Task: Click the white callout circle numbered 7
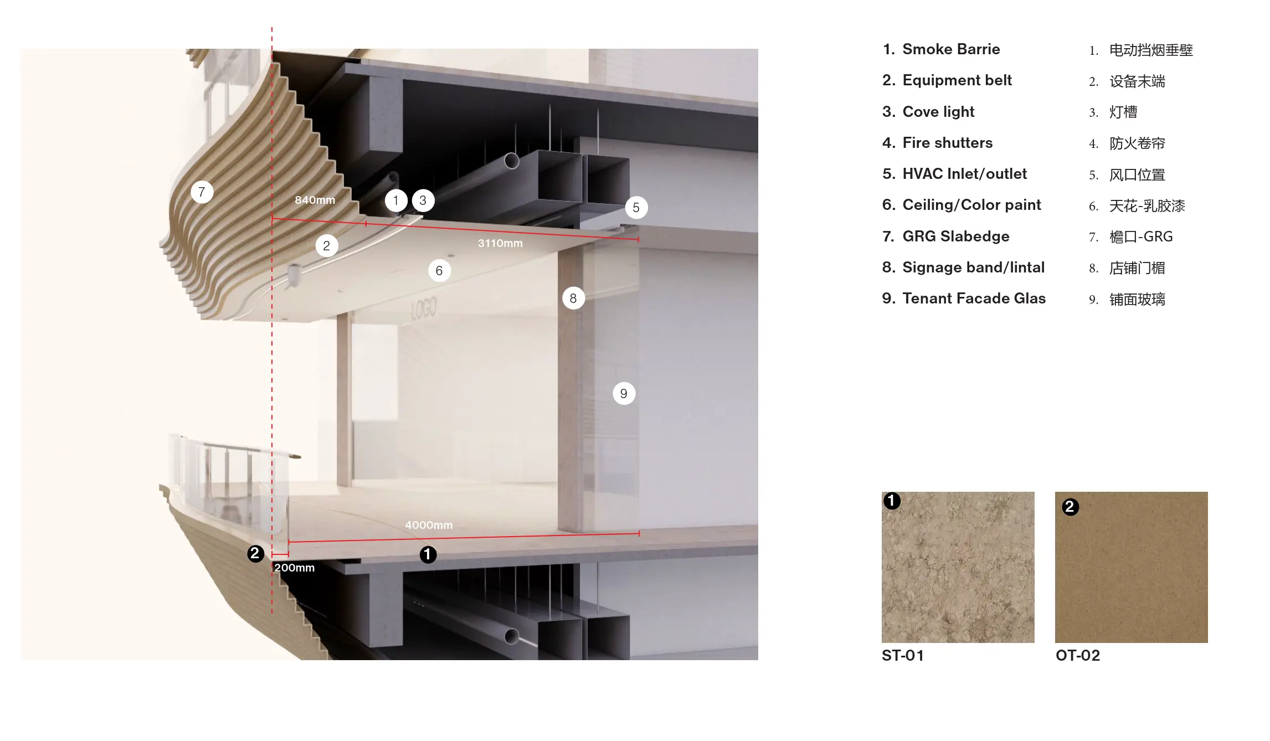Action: (202, 192)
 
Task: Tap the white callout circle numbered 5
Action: (636, 208)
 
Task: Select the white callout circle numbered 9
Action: (624, 394)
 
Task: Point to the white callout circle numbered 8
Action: (573, 299)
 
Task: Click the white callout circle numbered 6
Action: (439, 271)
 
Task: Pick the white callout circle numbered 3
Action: (423, 200)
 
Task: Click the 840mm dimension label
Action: (315, 200)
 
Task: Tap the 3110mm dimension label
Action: (500, 243)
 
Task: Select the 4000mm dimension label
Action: (429, 525)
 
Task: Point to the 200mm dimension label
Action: (295, 568)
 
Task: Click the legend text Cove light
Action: (938, 112)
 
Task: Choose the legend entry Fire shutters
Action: (948, 143)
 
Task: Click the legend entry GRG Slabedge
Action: (956, 236)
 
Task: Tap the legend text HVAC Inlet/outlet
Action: (965, 174)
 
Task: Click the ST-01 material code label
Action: (903, 656)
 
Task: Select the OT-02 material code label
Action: (1078, 656)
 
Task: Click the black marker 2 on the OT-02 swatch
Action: (1070, 507)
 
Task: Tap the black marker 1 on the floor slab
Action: (428, 554)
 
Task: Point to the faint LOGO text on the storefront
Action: (424, 308)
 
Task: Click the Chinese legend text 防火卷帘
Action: (1137, 143)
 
